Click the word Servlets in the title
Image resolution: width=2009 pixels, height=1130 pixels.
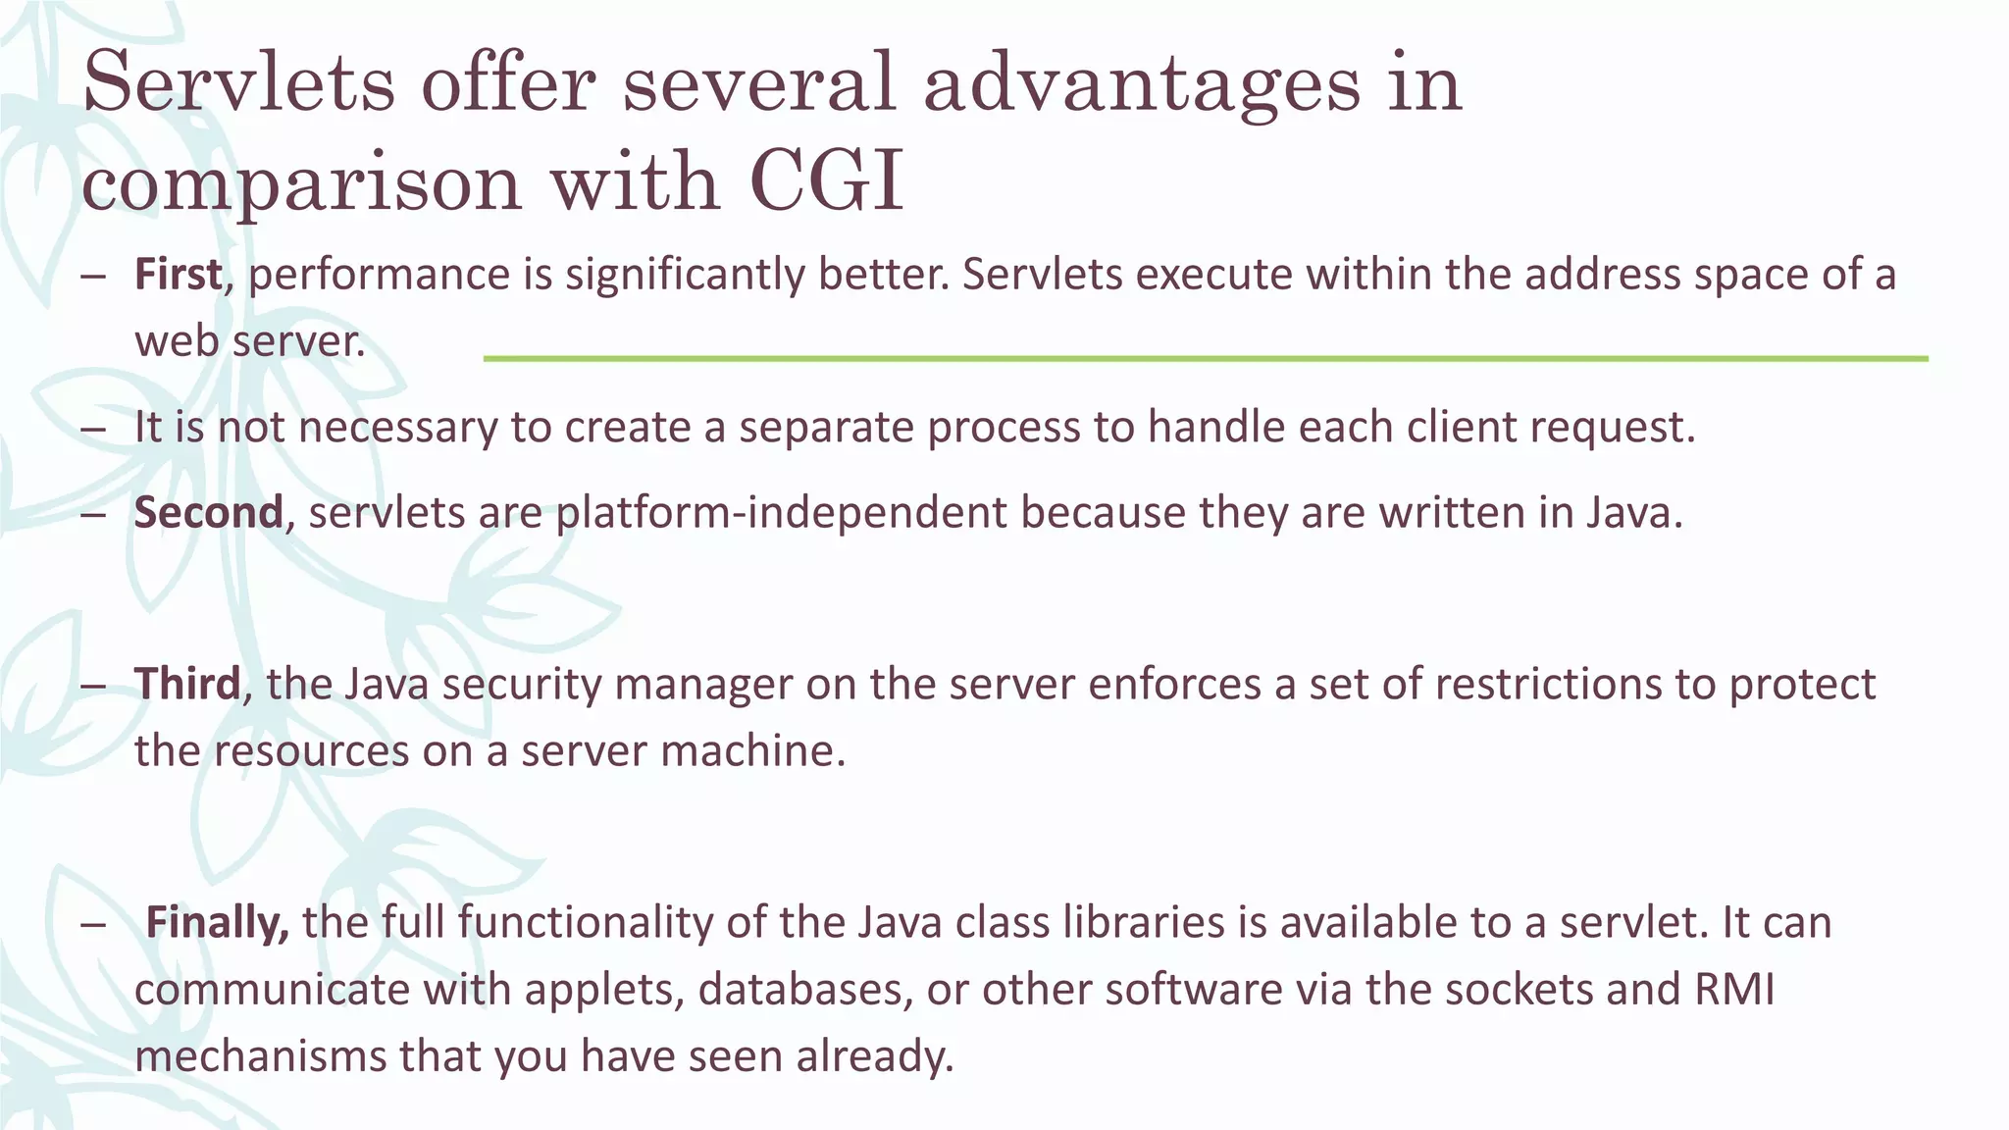[x=238, y=82]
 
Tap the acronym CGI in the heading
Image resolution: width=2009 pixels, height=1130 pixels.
[x=825, y=182]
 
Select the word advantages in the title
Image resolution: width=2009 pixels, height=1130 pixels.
[x=1142, y=82]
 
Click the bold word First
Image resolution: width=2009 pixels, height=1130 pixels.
[x=178, y=275]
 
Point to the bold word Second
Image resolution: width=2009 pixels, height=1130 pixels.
[x=208, y=513]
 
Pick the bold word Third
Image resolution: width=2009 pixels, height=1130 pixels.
[x=186, y=684]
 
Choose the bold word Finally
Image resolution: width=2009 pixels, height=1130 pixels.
[x=217, y=923]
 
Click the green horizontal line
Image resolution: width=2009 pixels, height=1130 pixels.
[x=1205, y=359]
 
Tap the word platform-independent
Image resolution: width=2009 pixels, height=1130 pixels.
[x=781, y=513]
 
